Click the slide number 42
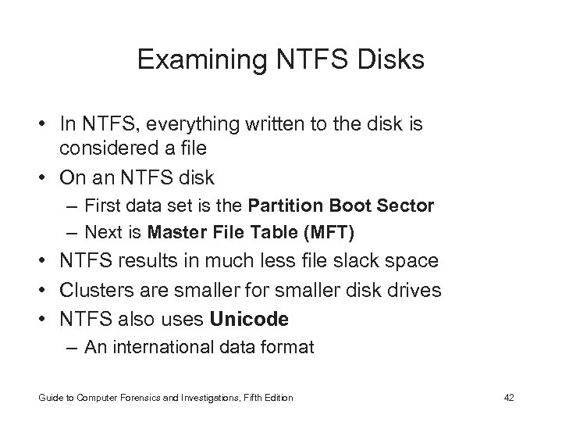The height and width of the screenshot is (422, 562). tap(510, 398)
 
